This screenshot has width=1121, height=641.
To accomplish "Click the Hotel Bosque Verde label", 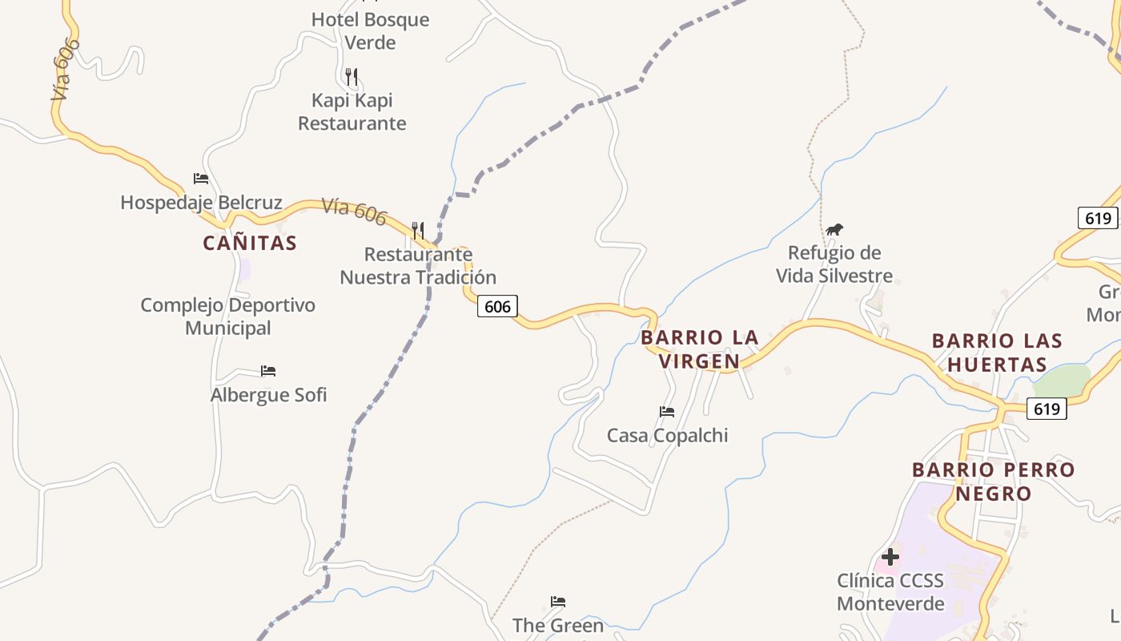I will [x=370, y=30].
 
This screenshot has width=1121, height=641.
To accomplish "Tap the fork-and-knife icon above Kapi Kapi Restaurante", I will [x=352, y=77].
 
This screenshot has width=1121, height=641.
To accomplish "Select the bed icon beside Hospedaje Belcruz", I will [x=201, y=178].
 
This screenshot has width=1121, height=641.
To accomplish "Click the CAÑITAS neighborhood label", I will [x=250, y=243].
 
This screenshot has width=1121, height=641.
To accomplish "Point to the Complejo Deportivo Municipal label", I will [x=228, y=316].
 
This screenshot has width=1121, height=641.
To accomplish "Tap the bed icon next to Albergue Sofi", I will [x=268, y=371].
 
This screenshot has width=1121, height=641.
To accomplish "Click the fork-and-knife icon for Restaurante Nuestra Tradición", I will [x=417, y=231].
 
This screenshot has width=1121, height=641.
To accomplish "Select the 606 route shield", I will [x=497, y=306].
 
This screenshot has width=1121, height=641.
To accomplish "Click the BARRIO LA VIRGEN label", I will [x=700, y=349].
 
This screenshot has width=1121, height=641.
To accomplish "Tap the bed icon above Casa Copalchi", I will [x=667, y=412].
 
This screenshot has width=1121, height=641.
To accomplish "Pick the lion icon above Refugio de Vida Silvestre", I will [x=834, y=230].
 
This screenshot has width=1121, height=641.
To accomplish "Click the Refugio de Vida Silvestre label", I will [x=834, y=264].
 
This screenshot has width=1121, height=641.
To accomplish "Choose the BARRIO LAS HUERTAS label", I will [x=997, y=353].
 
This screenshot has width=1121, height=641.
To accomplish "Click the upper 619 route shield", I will [x=1097, y=218].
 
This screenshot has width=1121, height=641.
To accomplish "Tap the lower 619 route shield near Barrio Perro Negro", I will [x=1047, y=409].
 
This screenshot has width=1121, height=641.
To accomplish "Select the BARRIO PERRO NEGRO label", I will [x=994, y=481].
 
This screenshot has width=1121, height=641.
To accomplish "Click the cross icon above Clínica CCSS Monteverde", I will [x=890, y=557].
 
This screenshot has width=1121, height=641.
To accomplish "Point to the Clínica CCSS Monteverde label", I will [x=890, y=591].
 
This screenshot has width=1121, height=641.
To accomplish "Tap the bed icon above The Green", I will [x=558, y=602].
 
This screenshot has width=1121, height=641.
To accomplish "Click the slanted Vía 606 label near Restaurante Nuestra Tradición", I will [x=354, y=212].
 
